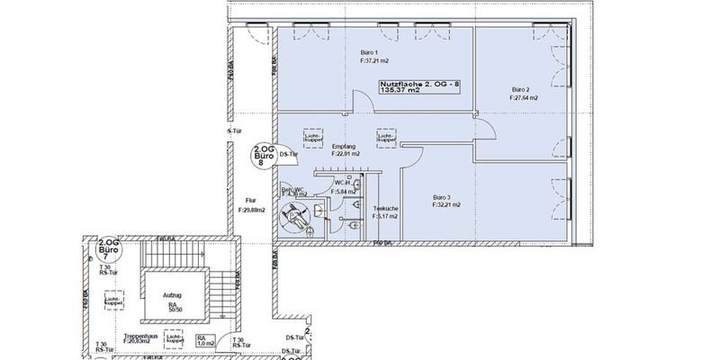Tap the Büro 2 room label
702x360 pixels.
click(x=520, y=89)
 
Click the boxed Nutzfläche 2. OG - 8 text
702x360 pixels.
click(x=419, y=85)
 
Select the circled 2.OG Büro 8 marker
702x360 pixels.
click(x=263, y=156)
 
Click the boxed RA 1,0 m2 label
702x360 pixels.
click(x=206, y=341)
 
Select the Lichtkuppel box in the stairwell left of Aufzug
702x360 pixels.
click(x=112, y=299)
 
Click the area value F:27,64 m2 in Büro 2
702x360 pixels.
click(x=525, y=98)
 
